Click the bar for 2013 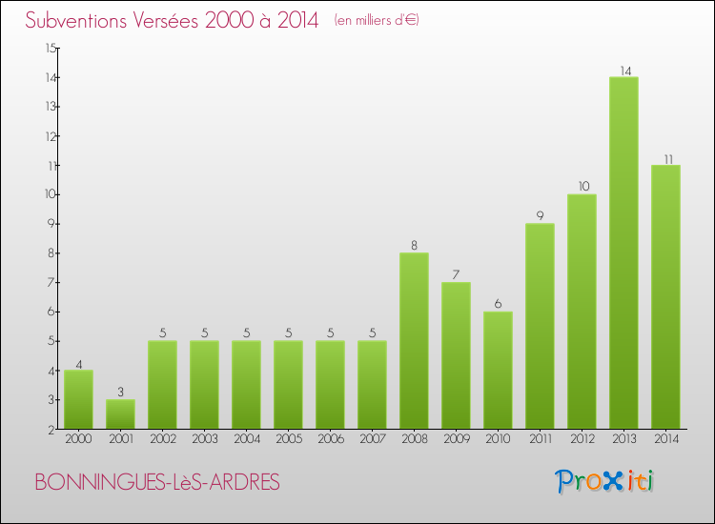[x=623, y=252]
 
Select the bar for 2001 [x=120, y=413]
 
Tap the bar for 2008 [x=414, y=340]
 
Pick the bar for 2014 [x=665, y=296]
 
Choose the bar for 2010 [x=498, y=370]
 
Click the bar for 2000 [x=78, y=399]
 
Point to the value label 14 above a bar [x=623, y=70]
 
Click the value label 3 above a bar [x=120, y=392]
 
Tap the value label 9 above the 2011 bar [x=540, y=215]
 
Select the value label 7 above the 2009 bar [x=456, y=274]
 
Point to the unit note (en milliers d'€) [x=377, y=20]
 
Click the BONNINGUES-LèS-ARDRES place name [x=157, y=483]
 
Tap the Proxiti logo [x=605, y=481]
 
